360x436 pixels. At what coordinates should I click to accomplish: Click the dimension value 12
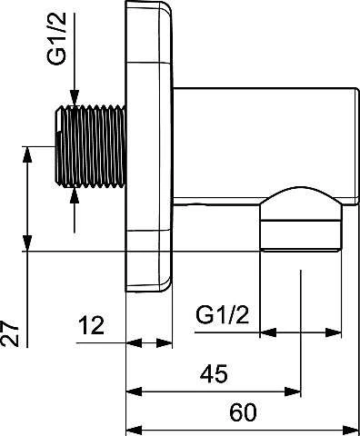[91, 325]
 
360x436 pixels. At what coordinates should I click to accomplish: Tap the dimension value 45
[214, 373]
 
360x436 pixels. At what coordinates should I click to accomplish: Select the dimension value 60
[243, 412]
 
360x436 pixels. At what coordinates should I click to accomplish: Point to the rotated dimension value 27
[10, 333]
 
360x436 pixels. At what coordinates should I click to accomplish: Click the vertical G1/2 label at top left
[56, 38]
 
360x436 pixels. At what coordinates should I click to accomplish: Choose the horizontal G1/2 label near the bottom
[222, 315]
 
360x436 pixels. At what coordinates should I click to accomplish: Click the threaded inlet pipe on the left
[90, 146]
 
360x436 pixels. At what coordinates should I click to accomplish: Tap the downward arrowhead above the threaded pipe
[75, 98]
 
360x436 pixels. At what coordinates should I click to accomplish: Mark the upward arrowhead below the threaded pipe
[75, 196]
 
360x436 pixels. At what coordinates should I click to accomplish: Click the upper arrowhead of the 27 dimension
[27, 154]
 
